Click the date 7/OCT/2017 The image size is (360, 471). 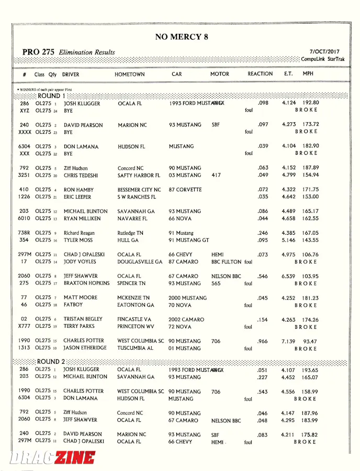coord(324,52)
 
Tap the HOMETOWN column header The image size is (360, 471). coord(130,74)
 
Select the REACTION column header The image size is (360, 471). coord(260,74)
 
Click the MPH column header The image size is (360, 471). coord(308,74)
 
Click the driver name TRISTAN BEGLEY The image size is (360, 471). coord(83,319)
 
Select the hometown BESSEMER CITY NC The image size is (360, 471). coord(139,190)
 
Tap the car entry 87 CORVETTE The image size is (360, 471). coord(186,190)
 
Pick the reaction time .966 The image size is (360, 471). coord(263,341)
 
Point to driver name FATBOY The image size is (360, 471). coord(74,305)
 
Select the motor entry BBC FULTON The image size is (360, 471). coord(227,262)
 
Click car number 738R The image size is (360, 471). coord(24,233)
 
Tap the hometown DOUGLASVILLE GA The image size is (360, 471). coord(140,262)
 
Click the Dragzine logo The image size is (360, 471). coord(52,458)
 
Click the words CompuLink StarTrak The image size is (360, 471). coord(322,59)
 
